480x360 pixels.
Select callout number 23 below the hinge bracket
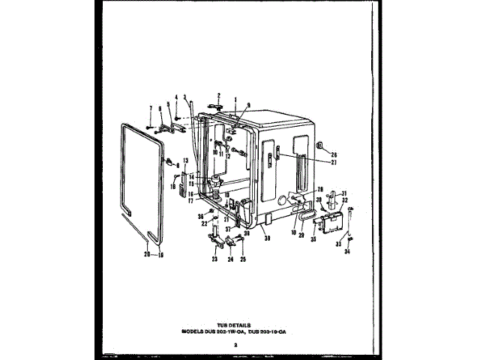point(214,259)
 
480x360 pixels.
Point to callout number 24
point(231,259)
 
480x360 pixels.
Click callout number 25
point(242,259)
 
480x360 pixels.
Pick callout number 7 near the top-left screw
point(150,109)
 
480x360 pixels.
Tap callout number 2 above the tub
point(219,95)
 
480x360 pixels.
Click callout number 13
point(186,161)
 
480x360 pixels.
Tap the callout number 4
point(177,97)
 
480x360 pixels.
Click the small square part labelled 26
point(321,145)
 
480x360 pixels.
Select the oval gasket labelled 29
point(305,216)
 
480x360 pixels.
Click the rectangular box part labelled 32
point(330,223)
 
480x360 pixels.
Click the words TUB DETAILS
point(239,317)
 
